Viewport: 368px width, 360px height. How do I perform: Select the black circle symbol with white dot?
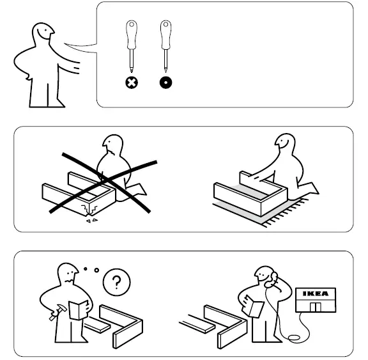click(165, 82)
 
